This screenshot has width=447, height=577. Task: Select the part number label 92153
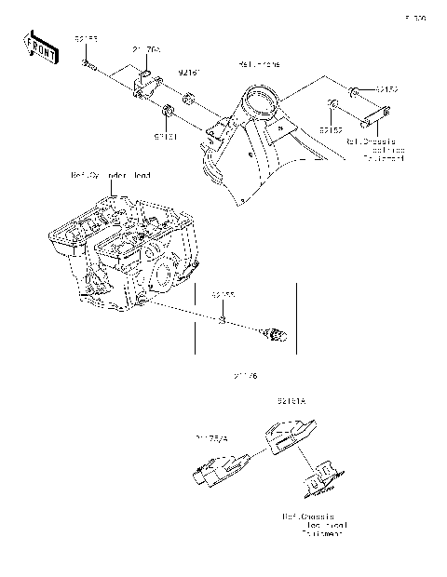[x=86, y=39]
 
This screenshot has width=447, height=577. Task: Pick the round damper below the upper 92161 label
[x=188, y=100]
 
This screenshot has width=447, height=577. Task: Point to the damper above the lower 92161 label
[x=169, y=114]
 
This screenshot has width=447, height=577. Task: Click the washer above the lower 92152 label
[x=332, y=104]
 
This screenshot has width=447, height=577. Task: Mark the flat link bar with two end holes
[x=372, y=119]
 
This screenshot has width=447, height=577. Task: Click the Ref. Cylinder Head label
[x=110, y=175]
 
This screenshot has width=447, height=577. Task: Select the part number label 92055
[x=222, y=294]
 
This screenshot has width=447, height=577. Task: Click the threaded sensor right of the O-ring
[x=275, y=331]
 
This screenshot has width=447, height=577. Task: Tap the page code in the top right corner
[x=415, y=17]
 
